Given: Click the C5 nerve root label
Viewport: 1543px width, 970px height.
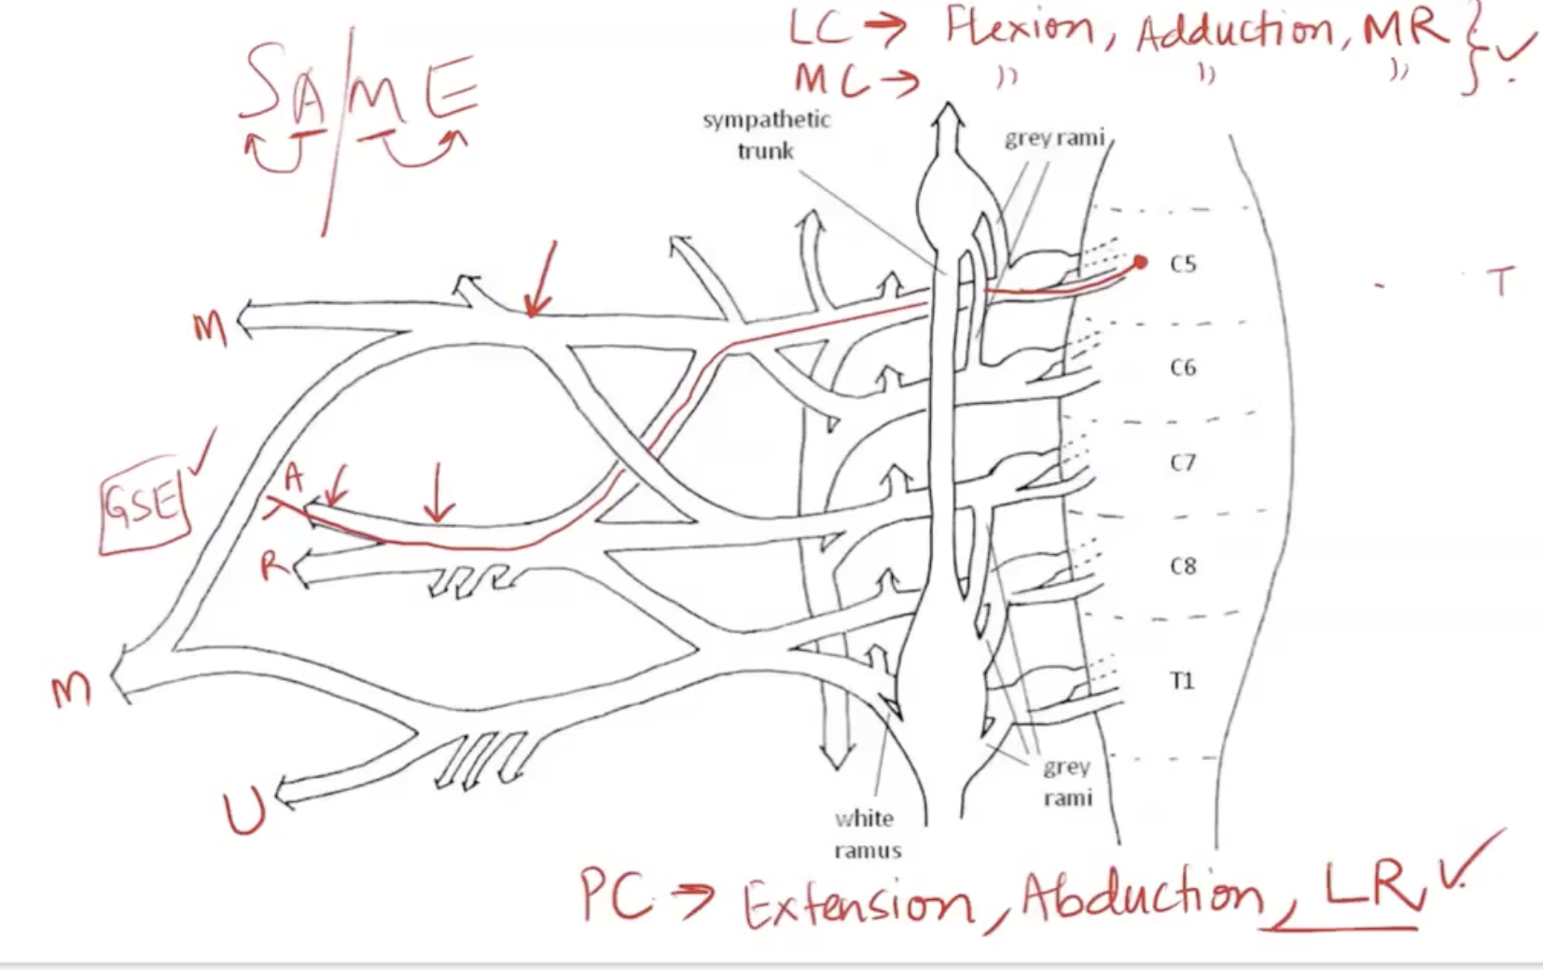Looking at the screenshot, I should point(1183,264).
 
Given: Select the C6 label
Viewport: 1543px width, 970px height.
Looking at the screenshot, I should point(1183,367).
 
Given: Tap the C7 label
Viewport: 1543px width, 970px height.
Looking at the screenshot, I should point(1183,463).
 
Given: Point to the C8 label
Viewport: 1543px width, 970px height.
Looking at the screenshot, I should point(1183,566).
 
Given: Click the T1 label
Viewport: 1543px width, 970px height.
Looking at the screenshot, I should point(1182,681).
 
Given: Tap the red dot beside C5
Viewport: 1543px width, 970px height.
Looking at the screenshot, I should point(1140,262).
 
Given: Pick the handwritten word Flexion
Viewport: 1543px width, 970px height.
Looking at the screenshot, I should point(1019,28).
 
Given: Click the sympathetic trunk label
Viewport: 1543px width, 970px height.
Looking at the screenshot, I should point(766,134).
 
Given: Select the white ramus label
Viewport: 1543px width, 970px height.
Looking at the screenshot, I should point(867,834).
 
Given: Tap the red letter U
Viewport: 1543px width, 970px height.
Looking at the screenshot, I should point(244,810).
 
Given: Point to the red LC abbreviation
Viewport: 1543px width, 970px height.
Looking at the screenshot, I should point(819,28).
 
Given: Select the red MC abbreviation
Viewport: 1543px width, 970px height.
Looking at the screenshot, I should point(825,79).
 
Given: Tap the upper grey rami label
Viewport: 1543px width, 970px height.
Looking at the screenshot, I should point(1054,139).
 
